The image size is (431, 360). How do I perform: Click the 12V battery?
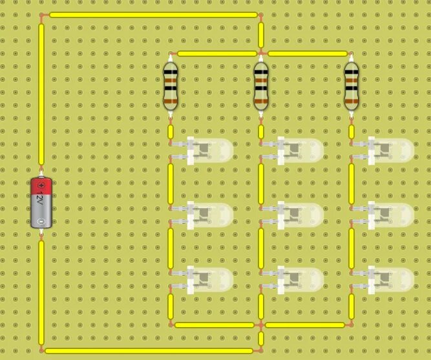[41, 202]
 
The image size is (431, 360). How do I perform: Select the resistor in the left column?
[171, 85]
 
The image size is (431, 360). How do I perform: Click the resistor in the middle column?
[261, 85]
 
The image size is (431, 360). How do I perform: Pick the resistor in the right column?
[352, 85]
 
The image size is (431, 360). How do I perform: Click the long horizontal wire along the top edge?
[152, 14]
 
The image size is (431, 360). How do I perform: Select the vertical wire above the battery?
[41, 94]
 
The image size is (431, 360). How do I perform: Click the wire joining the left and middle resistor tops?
[216, 54]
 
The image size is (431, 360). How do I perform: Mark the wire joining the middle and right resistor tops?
[306, 54]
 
